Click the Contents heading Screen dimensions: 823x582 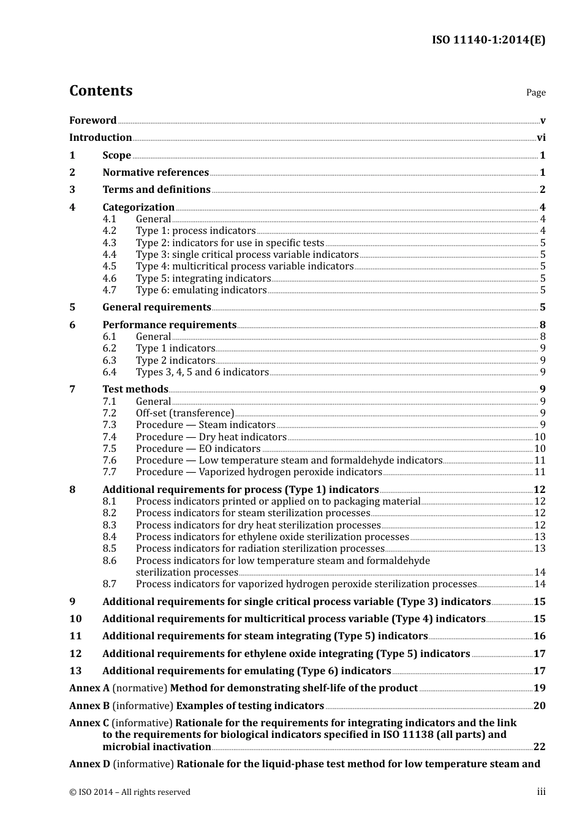click(100, 91)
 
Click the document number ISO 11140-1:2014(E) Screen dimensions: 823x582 click(488, 40)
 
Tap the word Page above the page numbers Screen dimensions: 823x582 click(535, 92)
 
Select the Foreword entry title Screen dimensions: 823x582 click(93, 121)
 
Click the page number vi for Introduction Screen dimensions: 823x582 click(541, 138)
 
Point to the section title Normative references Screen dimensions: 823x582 click(156, 173)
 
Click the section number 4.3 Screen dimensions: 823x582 click(109, 243)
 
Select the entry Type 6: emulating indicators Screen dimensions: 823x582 click(201, 290)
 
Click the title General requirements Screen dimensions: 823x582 click(157, 307)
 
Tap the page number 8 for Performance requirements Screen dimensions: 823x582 click(542, 325)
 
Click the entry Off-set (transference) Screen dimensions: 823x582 click(185, 413)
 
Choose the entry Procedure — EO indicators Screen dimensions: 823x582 click(198, 449)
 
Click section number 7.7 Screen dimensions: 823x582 click(109, 472)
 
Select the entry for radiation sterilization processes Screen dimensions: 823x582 click(260, 549)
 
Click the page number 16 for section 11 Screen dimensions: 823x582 click(539, 636)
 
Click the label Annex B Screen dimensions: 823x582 click(89, 706)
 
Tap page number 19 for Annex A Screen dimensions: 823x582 click(539, 688)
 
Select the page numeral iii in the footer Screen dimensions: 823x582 click(541, 792)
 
